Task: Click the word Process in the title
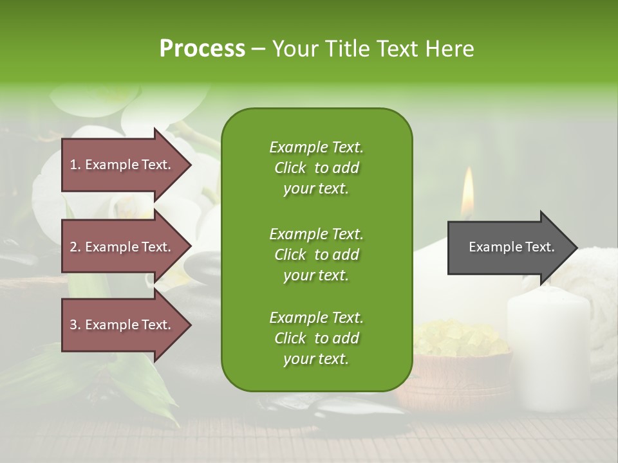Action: point(202,49)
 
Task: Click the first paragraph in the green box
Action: point(316,168)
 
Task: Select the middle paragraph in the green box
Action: point(316,255)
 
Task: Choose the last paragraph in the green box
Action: point(316,338)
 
